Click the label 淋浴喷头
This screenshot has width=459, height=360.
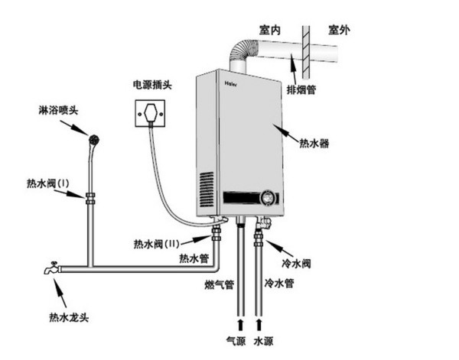[58, 110]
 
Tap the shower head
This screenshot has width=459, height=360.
[94, 140]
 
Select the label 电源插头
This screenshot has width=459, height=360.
[152, 85]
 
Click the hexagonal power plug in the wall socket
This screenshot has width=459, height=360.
[150, 112]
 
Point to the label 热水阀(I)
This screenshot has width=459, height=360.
[48, 183]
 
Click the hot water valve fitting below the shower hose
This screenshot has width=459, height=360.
[90, 198]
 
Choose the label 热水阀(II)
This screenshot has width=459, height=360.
[156, 244]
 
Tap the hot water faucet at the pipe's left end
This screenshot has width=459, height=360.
[52, 268]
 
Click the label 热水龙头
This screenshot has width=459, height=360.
[69, 317]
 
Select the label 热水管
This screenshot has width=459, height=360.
[194, 258]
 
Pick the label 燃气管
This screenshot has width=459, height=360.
[220, 284]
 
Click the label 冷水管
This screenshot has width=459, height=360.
[279, 283]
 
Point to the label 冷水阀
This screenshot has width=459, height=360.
[296, 264]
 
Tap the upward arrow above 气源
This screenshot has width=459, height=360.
[240, 325]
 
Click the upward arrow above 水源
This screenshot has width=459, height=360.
[259, 325]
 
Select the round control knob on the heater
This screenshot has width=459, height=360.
[269, 198]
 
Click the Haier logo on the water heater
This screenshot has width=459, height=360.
[231, 83]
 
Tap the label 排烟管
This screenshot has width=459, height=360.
[301, 89]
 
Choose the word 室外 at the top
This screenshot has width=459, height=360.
[339, 30]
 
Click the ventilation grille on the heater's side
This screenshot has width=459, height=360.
[207, 190]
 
